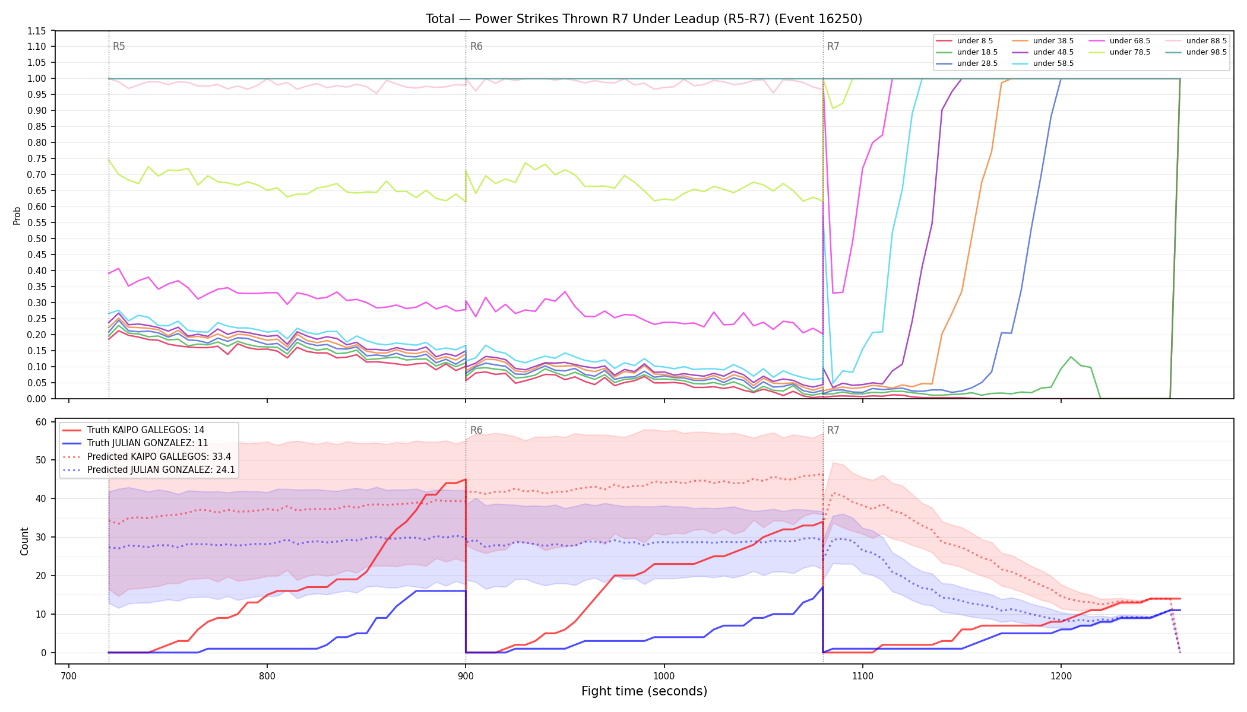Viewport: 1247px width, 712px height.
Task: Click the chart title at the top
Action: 644,19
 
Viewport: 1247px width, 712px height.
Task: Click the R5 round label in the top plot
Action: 119,46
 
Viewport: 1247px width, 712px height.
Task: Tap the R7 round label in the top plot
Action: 833,46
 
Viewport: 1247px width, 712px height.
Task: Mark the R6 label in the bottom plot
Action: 476,430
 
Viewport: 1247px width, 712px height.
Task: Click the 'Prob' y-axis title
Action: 17,215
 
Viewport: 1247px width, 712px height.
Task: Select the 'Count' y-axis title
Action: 24,541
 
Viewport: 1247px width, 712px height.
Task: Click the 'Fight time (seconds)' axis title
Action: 644,691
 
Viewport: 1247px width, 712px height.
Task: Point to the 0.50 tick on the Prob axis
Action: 37,239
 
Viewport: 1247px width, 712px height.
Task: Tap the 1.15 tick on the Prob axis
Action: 37,31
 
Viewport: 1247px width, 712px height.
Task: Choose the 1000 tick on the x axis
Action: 664,675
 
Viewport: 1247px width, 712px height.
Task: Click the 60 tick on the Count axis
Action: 41,422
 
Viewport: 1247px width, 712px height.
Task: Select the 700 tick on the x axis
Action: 69,675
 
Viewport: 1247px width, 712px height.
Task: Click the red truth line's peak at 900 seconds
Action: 466,479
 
